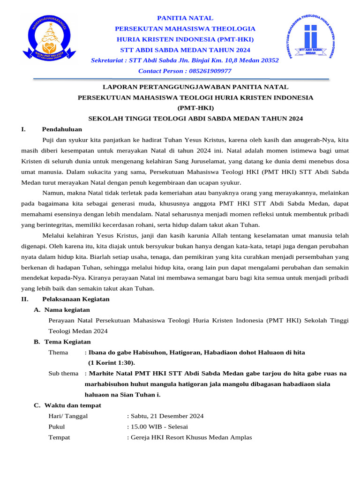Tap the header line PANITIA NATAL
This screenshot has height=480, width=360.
(185, 18)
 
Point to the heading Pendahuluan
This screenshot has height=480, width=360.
(62, 129)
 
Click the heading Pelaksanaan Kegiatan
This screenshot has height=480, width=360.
(76, 299)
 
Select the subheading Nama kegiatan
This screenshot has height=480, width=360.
(67, 310)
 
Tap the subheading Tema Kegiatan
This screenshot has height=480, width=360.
(67, 342)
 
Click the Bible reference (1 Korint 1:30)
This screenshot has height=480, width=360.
(112, 363)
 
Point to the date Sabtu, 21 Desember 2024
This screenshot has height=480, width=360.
(166, 416)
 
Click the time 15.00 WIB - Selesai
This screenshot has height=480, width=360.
(158, 427)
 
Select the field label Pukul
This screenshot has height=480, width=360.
(57, 427)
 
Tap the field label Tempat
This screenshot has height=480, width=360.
(59, 437)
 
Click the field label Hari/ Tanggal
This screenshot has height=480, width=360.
(68, 416)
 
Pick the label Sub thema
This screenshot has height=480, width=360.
(64, 374)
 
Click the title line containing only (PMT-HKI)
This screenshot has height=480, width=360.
(195, 108)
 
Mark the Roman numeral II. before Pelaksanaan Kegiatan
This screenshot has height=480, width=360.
(25, 299)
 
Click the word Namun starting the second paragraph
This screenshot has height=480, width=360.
(52, 193)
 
